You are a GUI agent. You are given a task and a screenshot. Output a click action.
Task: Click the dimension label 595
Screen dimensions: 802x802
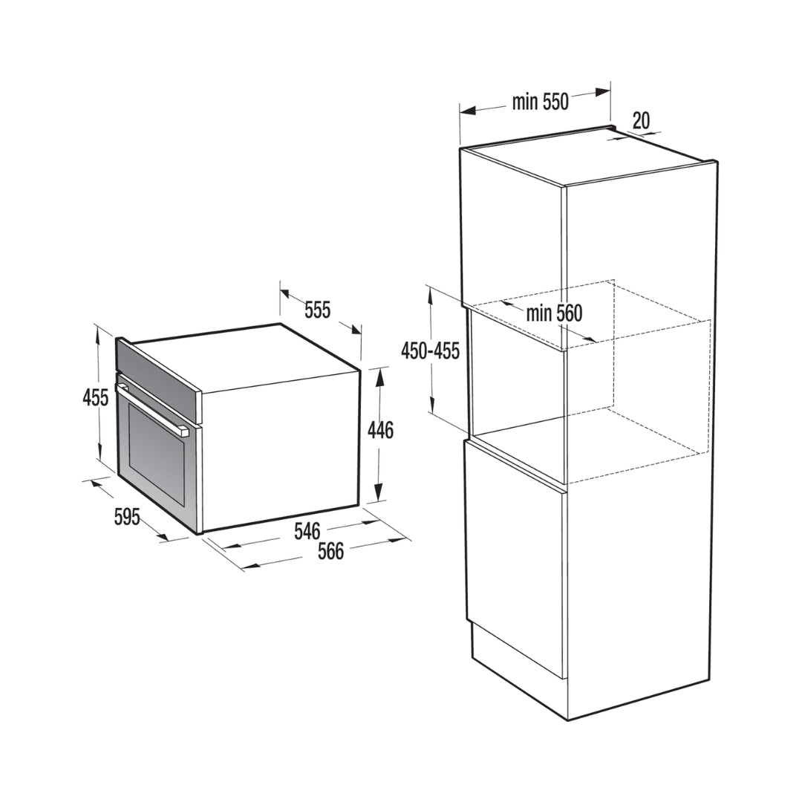click(x=126, y=517)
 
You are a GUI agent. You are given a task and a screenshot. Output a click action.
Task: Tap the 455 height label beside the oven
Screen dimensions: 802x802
click(x=96, y=397)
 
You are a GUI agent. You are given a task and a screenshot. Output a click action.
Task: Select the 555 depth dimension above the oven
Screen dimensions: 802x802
click(x=318, y=310)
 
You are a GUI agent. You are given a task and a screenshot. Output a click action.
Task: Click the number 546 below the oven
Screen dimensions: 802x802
click(x=307, y=531)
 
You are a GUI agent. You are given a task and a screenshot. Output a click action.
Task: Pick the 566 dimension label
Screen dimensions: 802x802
click(x=331, y=551)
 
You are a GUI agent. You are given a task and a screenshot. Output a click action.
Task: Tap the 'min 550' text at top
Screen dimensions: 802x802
click(x=540, y=102)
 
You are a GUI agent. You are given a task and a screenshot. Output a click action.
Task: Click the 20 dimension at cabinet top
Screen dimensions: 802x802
click(x=641, y=121)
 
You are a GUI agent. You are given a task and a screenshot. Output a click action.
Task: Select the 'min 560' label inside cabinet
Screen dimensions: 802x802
click(x=555, y=313)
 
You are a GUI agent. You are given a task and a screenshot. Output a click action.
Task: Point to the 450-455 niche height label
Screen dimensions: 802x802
click(x=431, y=351)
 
